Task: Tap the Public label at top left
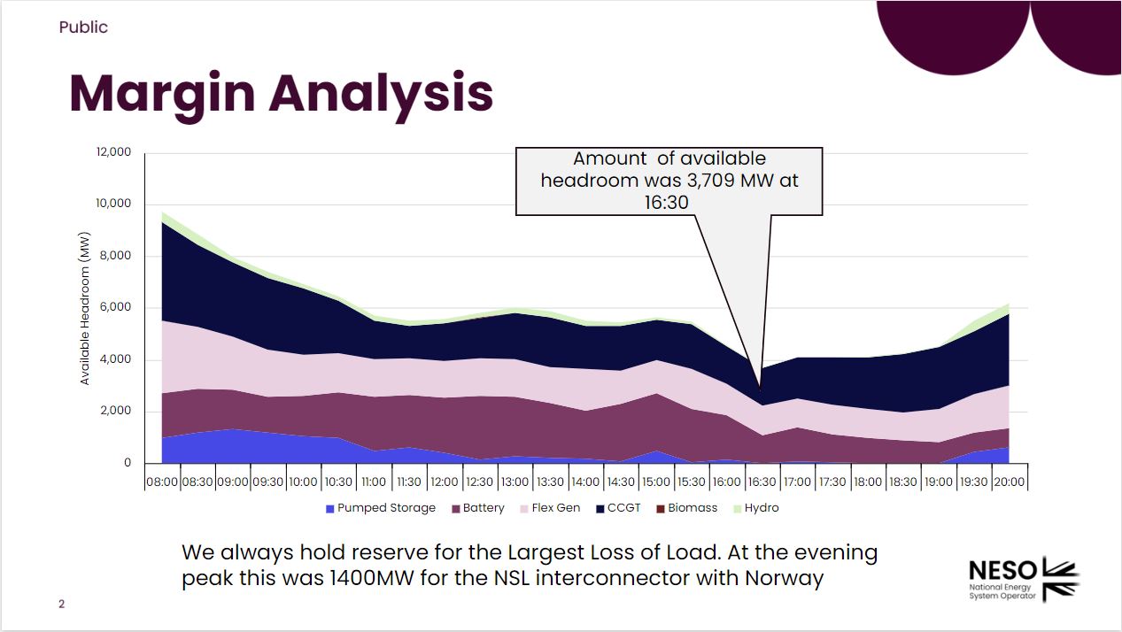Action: (83, 27)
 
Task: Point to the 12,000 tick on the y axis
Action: (112, 152)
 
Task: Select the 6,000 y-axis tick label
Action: (115, 308)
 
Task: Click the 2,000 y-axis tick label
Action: (115, 412)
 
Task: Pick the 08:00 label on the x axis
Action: (161, 482)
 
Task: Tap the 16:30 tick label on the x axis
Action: (762, 482)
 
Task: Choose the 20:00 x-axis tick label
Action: (1010, 482)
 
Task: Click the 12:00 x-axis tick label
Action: (444, 482)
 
